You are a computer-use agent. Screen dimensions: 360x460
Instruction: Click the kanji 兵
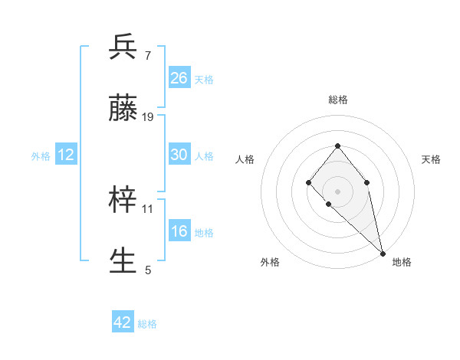123,47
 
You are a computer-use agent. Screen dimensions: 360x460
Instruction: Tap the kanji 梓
123,201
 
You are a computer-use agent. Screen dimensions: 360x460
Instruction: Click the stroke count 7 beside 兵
147,55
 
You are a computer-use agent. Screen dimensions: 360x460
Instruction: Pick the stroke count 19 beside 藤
148,116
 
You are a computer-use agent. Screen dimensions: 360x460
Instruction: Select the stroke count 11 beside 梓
148,208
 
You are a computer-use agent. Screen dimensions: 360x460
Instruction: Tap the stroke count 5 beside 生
147,270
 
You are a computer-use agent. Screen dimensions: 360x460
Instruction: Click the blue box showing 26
179,77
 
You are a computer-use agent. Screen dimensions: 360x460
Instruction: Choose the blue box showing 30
179,154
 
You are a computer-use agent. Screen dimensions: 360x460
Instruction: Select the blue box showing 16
179,231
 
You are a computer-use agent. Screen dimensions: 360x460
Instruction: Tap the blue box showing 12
66,154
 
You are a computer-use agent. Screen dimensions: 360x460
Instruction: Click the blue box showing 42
123,322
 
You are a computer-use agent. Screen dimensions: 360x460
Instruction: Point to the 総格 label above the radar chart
337,100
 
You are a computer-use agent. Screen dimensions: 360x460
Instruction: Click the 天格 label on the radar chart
431,159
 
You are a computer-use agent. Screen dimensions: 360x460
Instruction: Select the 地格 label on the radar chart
402,262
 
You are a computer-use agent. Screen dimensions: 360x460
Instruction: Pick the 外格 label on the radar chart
270,262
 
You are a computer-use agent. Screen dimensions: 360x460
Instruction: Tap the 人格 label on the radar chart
245,159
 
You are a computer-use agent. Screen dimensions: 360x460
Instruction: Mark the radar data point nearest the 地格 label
382,252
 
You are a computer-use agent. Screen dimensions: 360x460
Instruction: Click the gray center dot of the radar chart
337,191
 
